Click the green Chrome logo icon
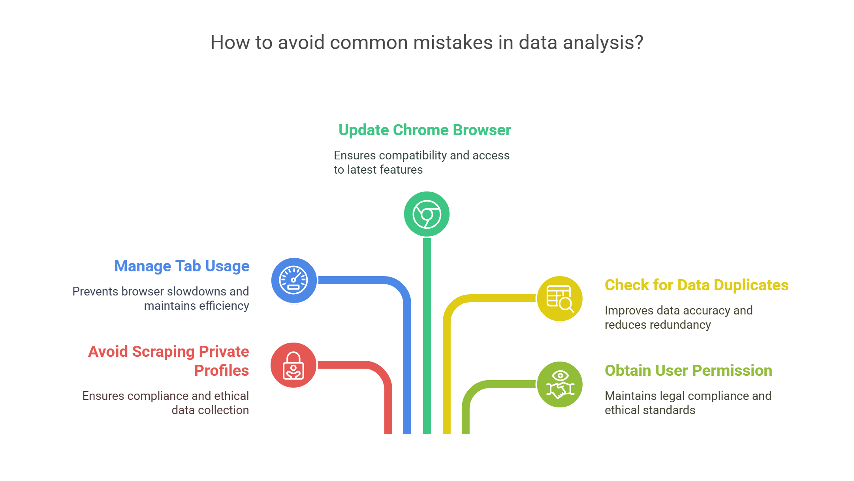point(427,214)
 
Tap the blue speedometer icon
point(294,280)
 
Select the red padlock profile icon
point(293,365)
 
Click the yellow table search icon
point(560,299)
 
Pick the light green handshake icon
point(560,384)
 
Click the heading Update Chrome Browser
point(425,130)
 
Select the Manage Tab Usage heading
point(182,267)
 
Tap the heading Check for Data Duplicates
point(696,285)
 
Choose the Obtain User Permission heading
point(688,371)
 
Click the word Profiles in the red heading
point(222,371)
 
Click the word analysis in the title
point(603,43)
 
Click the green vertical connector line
point(427,336)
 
